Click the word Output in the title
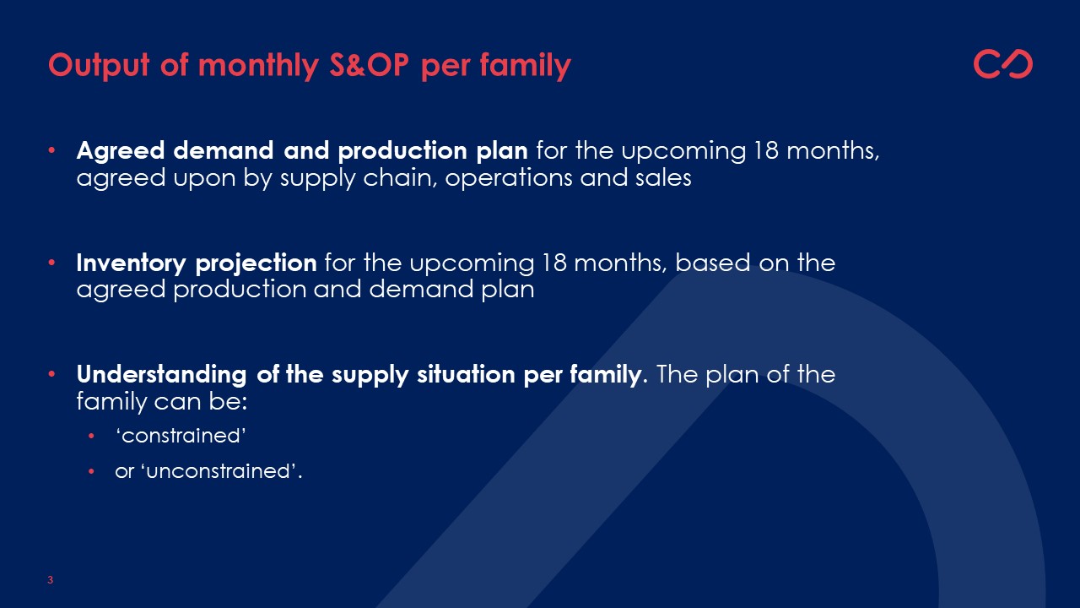coord(99,65)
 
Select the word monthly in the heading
coord(258,65)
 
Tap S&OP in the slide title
coord(370,64)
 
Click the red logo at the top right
coord(1003,63)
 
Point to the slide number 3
coord(50,580)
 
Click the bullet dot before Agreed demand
coord(52,150)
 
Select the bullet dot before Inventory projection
coord(52,263)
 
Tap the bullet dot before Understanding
coord(52,374)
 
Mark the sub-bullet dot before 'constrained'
coord(92,437)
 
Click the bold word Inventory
coord(131,263)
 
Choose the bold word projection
coord(256,264)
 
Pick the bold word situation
coord(467,374)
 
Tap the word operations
coord(508,178)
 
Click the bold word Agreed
coord(121,151)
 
